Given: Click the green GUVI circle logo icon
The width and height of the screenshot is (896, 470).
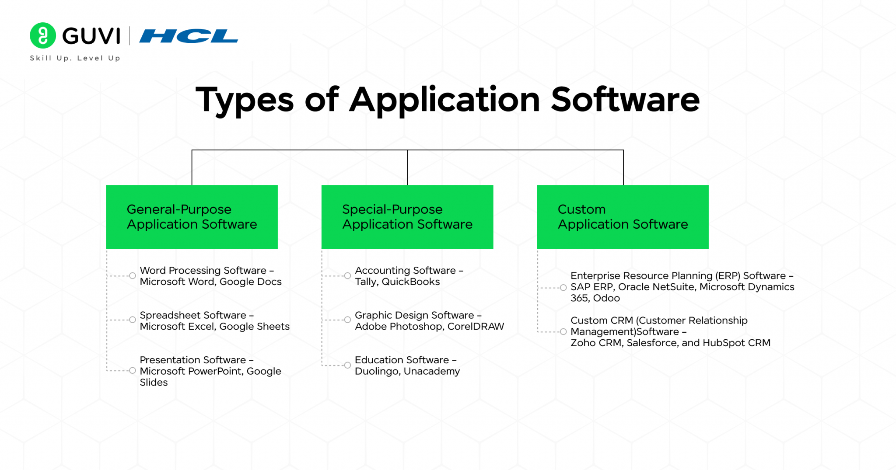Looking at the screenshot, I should [42, 35].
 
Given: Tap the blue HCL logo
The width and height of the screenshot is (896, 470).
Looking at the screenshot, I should [189, 36].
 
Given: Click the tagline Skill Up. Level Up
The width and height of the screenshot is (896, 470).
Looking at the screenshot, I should [75, 58].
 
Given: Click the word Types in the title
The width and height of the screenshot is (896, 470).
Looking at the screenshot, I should [244, 100].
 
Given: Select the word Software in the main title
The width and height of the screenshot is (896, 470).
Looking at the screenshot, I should [625, 100].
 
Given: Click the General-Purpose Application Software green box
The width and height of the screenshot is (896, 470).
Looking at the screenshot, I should [192, 217].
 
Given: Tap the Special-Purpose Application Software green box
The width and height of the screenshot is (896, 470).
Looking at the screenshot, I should [407, 217].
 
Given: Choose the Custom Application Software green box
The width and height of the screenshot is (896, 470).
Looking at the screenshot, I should [623, 217].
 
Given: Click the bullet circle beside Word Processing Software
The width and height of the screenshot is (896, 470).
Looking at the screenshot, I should [132, 276].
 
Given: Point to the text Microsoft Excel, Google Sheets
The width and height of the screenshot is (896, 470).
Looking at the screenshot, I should [214, 327].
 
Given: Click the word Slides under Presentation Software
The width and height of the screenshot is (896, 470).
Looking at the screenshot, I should [154, 383].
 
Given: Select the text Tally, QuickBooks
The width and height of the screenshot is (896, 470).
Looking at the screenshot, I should [397, 282].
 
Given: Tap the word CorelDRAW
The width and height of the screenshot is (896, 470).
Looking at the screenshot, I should [476, 327].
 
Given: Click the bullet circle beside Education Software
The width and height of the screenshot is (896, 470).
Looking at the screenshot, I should [347, 366].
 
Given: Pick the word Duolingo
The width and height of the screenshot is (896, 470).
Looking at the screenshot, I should [376, 372].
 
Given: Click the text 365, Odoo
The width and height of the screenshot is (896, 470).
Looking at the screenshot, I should [595, 298].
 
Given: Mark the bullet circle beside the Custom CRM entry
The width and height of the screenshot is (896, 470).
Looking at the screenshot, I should [563, 332].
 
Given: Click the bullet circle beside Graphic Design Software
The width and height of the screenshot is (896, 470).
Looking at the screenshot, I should [347, 320].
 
